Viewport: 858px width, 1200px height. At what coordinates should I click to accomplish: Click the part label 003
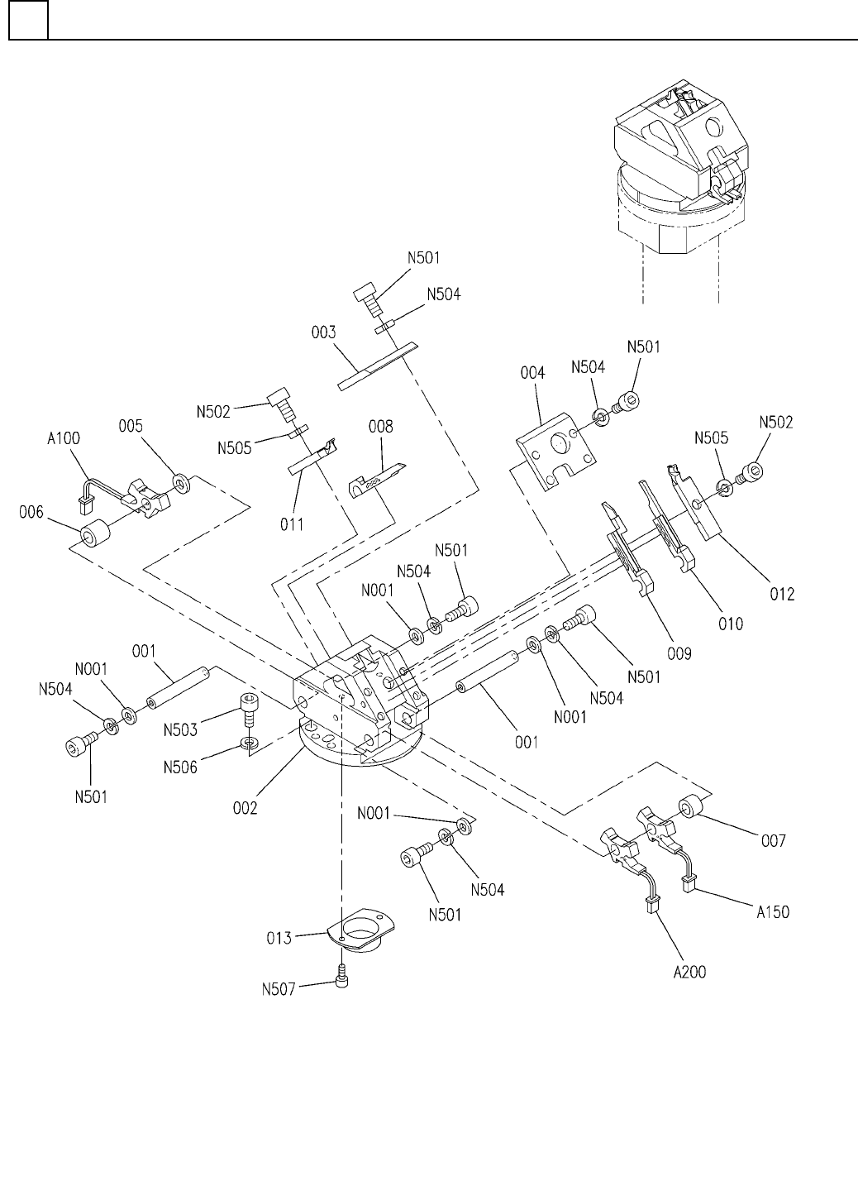[x=323, y=332]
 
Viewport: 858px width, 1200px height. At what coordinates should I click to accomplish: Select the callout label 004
[x=533, y=373]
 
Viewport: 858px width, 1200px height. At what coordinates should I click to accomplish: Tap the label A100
[x=63, y=438]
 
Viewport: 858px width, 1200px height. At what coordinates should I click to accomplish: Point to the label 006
[x=31, y=515]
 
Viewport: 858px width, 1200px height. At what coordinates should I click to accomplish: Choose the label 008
[x=381, y=427]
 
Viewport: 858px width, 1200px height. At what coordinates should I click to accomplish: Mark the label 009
[x=679, y=653]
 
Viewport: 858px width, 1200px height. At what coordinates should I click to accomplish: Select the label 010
[x=731, y=623]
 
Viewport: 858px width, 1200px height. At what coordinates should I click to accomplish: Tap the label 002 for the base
[x=244, y=807]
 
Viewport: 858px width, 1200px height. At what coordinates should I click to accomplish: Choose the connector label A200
[x=689, y=971]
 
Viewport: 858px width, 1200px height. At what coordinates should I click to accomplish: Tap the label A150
[x=773, y=912]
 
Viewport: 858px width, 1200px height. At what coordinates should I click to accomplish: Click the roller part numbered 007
[x=693, y=808]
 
